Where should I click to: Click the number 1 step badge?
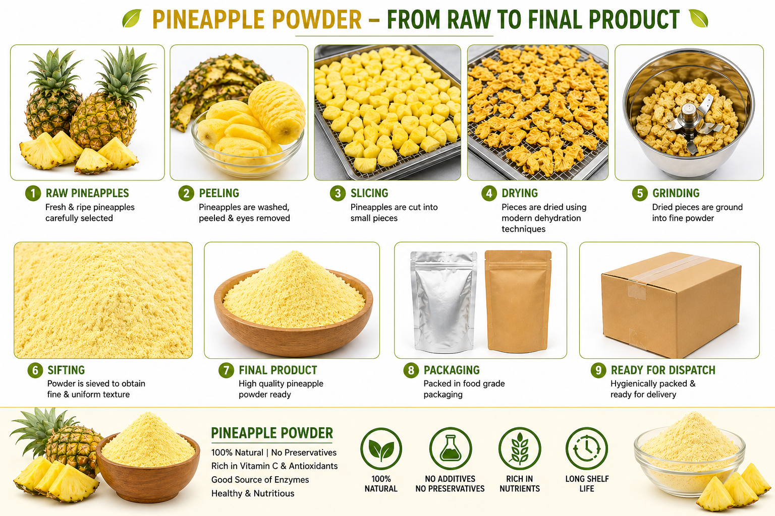coord(33,193)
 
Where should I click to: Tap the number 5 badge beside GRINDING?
coord(640,193)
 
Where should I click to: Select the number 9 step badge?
coord(598,370)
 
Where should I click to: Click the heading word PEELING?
coord(219,193)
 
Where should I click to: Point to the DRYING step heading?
coord(520,193)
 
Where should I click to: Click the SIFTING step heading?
coord(66,370)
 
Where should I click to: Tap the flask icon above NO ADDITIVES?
coord(450,448)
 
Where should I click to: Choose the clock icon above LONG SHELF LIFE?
coord(587,448)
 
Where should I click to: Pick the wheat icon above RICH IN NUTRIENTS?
coord(519,448)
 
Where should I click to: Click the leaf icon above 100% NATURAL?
coord(381,448)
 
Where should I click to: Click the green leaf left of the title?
coord(132,19)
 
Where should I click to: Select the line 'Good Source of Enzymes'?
coord(260,480)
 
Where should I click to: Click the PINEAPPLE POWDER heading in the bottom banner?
coord(272,433)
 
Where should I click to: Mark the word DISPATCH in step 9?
coord(689,370)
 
